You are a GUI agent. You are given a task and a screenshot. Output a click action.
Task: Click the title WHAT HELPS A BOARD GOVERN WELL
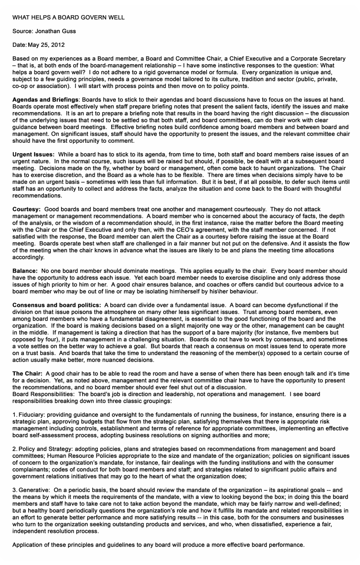pyautogui.click(x=68, y=18)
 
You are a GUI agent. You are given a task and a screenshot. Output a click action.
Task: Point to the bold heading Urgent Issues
pyautogui.click(x=34, y=155)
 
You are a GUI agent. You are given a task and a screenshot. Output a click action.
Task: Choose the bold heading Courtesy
pyautogui.click(x=26, y=210)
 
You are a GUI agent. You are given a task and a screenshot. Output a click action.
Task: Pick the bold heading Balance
pyautogui.click(x=25, y=271)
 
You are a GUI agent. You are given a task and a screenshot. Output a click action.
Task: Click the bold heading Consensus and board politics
pyautogui.click(x=57, y=305)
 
